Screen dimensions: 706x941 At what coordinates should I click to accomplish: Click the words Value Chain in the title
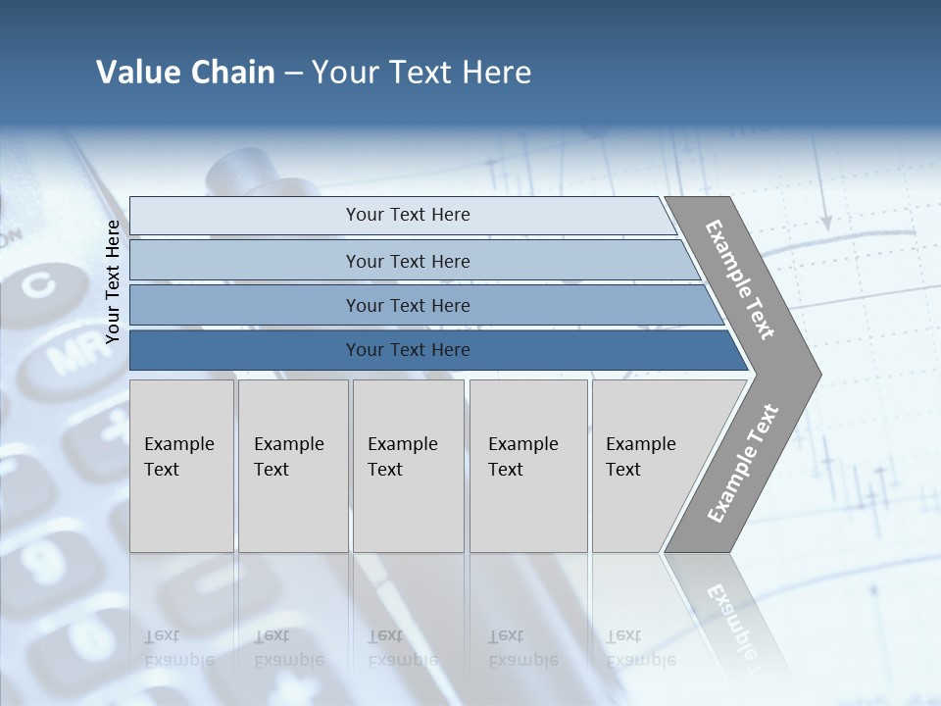(x=185, y=73)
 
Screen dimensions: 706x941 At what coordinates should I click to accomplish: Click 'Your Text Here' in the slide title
(x=421, y=73)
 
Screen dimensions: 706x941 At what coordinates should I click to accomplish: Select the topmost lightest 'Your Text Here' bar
(x=407, y=215)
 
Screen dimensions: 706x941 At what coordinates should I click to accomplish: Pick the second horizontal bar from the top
(x=407, y=261)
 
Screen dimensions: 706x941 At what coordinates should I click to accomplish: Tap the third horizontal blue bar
(x=407, y=305)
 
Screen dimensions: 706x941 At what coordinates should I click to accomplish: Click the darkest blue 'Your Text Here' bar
(x=407, y=350)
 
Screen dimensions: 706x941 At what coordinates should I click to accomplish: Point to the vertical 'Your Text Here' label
(x=113, y=281)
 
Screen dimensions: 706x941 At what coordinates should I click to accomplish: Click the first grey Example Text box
(x=181, y=466)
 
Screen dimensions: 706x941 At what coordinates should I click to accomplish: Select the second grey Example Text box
(x=292, y=466)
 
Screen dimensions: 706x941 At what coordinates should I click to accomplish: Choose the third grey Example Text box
(x=407, y=466)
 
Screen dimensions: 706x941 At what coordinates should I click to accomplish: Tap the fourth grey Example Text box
(x=527, y=466)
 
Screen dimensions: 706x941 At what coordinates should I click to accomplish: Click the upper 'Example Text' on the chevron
(x=740, y=279)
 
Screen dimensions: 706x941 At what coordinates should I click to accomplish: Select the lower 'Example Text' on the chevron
(x=742, y=463)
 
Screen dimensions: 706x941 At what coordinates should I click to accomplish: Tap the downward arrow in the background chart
(x=825, y=221)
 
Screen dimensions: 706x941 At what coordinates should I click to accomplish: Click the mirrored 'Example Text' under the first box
(x=178, y=649)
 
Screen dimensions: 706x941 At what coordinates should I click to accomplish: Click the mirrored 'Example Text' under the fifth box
(x=640, y=649)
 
